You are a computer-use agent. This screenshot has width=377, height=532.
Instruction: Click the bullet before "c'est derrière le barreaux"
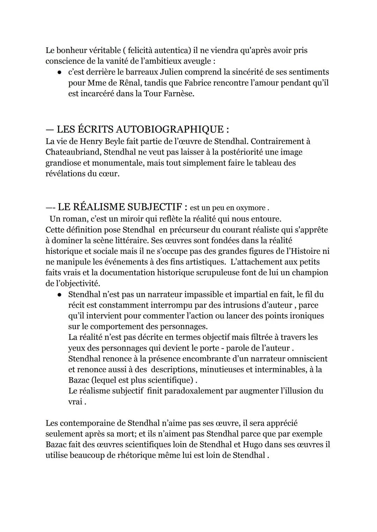pyautogui.click(x=60, y=72)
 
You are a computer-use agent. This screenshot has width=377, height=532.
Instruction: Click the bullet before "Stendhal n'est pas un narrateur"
pyautogui.click(x=60, y=295)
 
